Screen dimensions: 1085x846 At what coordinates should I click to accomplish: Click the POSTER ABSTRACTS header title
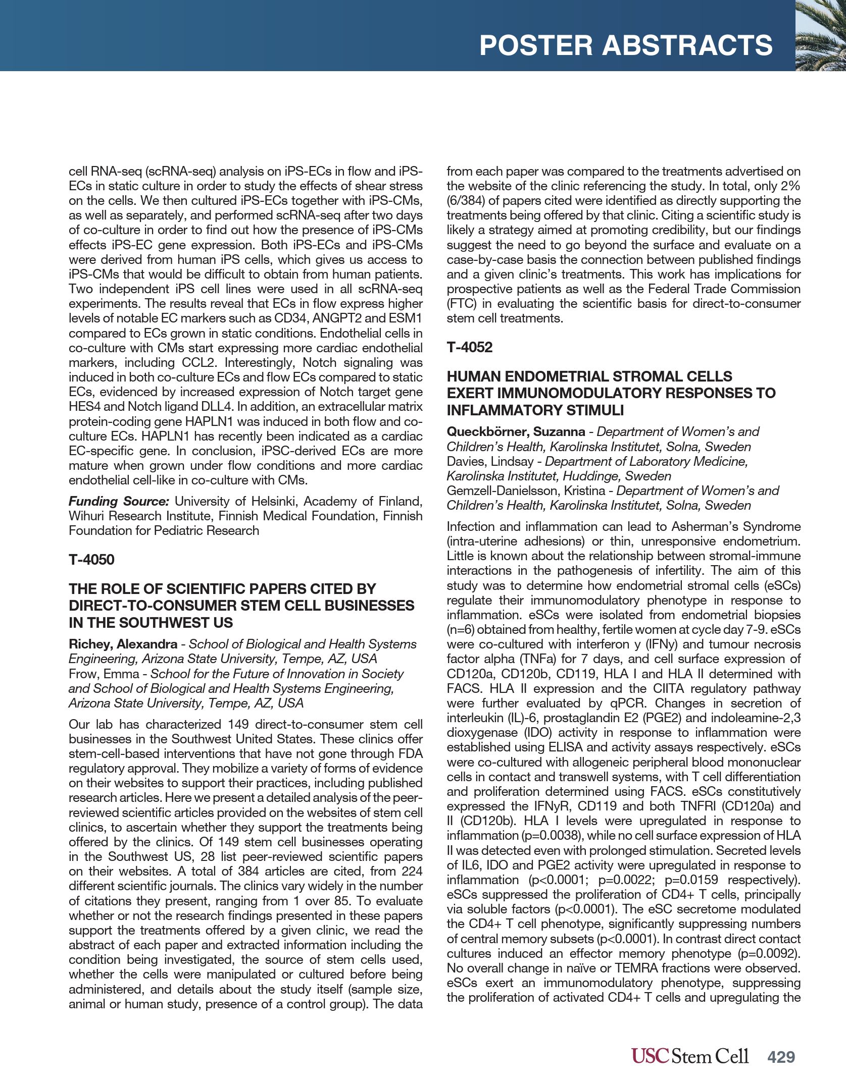point(626,45)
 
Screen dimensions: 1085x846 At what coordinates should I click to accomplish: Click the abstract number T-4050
point(91,560)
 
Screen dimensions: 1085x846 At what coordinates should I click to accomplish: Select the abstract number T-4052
point(469,347)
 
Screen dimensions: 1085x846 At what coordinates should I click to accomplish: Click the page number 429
point(781,1057)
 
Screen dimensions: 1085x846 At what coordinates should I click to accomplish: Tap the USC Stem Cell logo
point(689,1056)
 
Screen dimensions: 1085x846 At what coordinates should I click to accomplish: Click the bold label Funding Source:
point(119,501)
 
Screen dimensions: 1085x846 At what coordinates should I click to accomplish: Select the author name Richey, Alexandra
point(123,644)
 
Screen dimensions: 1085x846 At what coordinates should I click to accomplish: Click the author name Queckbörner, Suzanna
point(515,431)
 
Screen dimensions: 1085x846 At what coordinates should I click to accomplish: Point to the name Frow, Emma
point(104,674)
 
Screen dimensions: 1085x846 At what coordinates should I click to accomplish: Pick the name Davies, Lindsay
point(489,461)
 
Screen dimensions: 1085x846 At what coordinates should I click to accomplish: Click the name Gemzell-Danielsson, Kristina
point(526,491)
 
